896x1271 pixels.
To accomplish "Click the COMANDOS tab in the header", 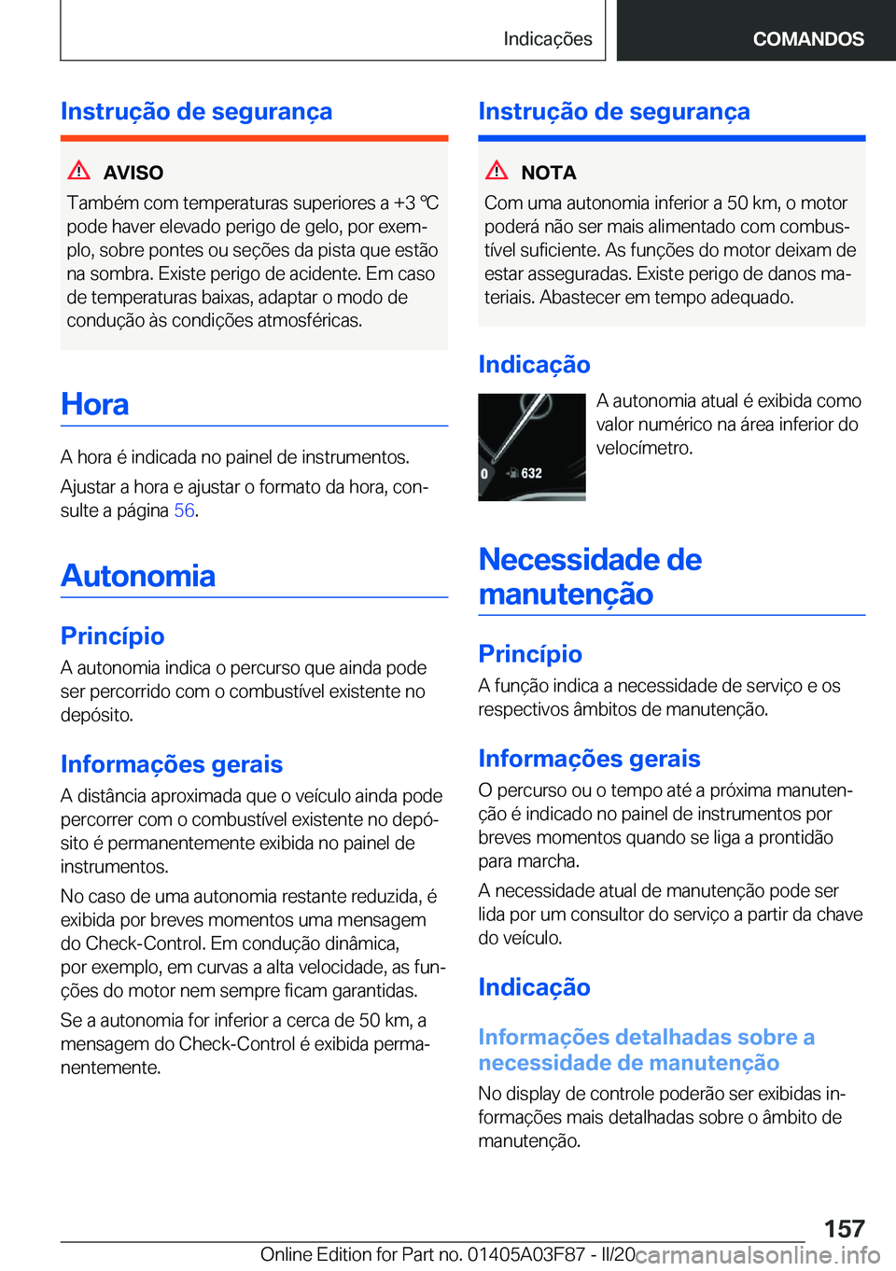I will pyautogui.click(x=808, y=39).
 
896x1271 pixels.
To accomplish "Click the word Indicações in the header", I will pyautogui.click(x=547, y=39).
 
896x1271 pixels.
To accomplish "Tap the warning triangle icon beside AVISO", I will pyautogui.click(x=79, y=171).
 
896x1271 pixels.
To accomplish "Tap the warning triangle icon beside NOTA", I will pyautogui.click(x=497, y=171).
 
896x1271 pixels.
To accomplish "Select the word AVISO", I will pyautogui.click(x=133, y=173).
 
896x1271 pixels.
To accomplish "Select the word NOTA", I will pyautogui.click(x=549, y=173).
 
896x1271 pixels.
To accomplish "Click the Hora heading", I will pyautogui.click(x=95, y=405).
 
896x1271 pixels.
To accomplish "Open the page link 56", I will pyautogui.click(x=184, y=510).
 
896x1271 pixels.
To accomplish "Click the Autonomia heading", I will pyautogui.click(x=138, y=576).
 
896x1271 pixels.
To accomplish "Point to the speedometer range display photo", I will pyautogui.click(x=532, y=447).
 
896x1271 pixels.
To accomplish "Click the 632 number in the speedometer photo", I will pyautogui.click(x=531, y=473).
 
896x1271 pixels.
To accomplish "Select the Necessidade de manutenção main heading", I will pyautogui.click(x=590, y=577).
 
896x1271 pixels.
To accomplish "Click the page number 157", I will pyautogui.click(x=844, y=1228).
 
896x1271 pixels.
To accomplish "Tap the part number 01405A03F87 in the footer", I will pyautogui.click(x=525, y=1254).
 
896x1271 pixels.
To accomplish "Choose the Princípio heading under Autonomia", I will pyautogui.click(x=113, y=636).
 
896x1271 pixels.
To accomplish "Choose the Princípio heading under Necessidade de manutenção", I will pyautogui.click(x=530, y=654).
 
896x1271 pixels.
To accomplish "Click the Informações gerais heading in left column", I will pyautogui.click(x=172, y=764).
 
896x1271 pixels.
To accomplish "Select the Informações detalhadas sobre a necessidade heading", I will pyautogui.click(x=646, y=1050).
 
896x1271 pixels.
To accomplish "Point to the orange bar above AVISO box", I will pyautogui.click(x=254, y=138).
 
